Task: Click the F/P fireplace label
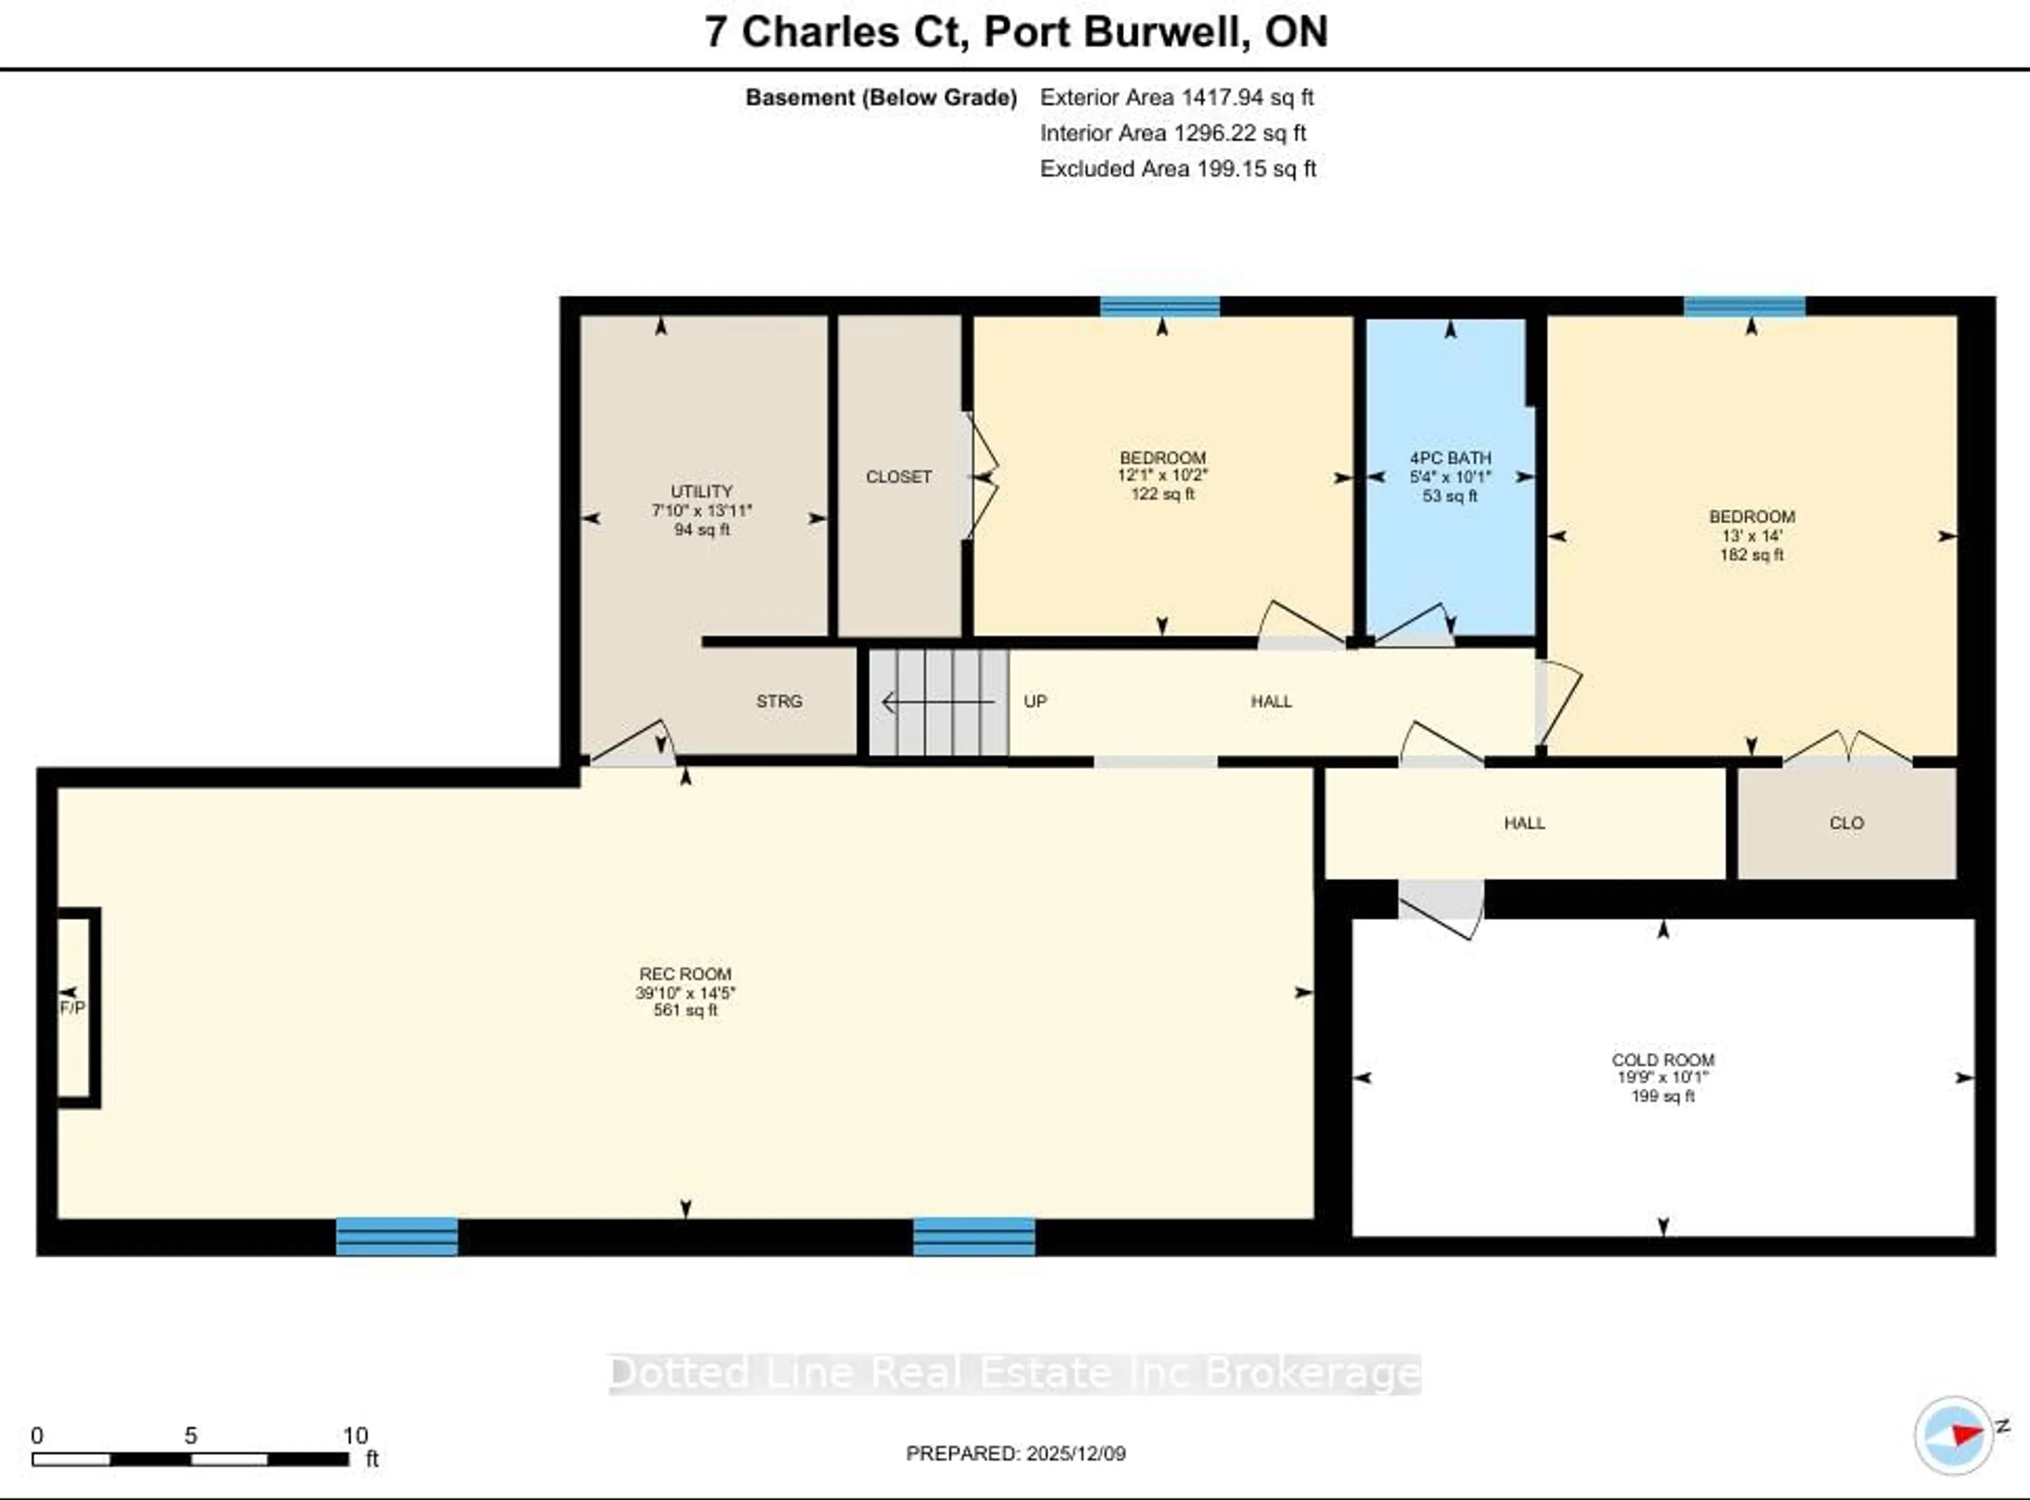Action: [x=72, y=1008]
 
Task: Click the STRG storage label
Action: [x=778, y=701]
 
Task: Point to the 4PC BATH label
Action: [x=1450, y=458]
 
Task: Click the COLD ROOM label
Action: [x=1662, y=1060]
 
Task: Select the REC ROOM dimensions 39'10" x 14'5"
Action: [x=685, y=992]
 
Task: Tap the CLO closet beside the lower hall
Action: [x=1846, y=823]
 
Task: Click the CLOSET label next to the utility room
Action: [x=898, y=477]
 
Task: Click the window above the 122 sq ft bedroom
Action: [x=1159, y=306]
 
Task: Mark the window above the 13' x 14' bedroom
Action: [x=1744, y=306]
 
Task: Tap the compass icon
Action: [x=1953, y=1434]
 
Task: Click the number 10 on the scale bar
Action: [x=354, y=1436]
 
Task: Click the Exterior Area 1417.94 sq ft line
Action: [x=1176, y=97]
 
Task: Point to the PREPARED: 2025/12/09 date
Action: [x=1016, y=1454]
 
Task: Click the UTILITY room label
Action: [x=700, y=491]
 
